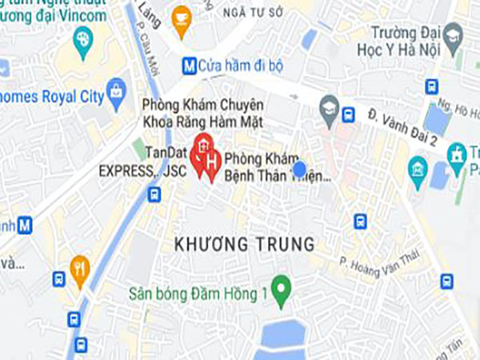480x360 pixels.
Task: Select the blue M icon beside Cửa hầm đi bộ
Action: tap(190, 64)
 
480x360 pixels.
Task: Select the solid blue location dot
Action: tap(299, 169)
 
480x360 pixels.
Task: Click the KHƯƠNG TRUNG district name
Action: tap(244, 244)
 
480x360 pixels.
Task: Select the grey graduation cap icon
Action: tap(329, 105)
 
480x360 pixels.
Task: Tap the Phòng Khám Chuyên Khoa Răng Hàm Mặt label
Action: tap(202, 113)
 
